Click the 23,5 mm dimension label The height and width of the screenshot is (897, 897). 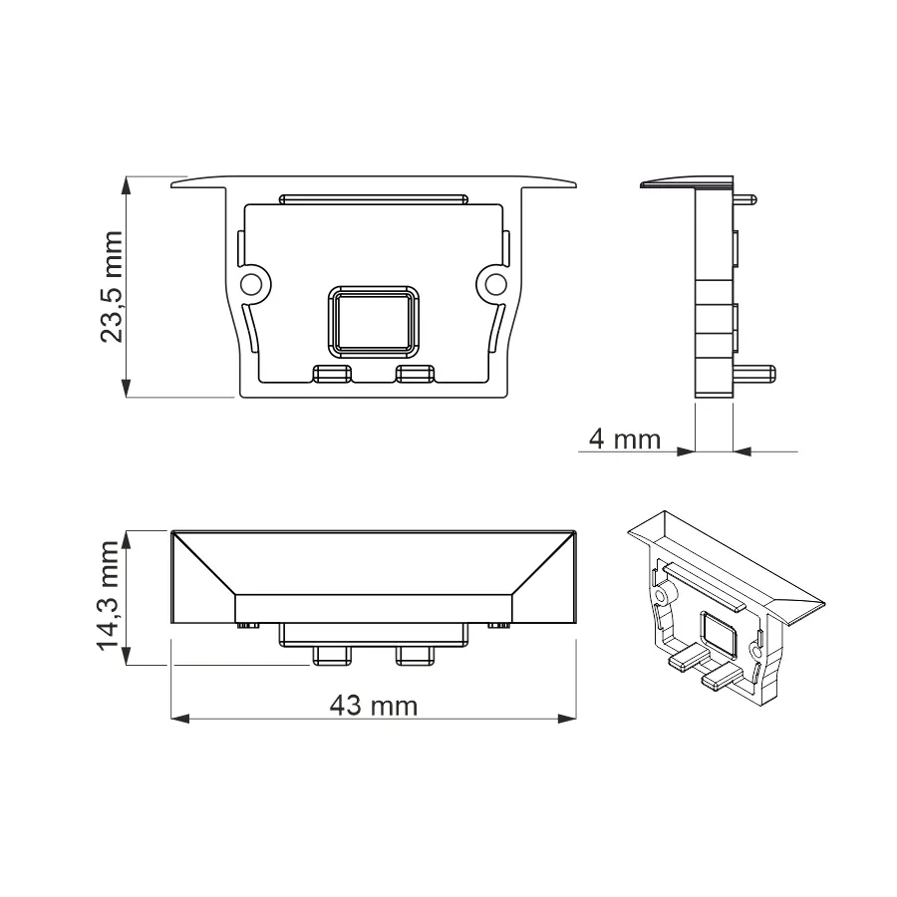tap(112, 287)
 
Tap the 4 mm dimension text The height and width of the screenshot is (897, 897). tap(625, 440)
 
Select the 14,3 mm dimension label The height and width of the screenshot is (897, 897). tap(108, 595)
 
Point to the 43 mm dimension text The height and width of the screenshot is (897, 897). tap(374, 706)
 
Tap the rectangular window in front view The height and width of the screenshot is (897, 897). tap(374, 322)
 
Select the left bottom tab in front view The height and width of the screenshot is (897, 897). tap(332, 374)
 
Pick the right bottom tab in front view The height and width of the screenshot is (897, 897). tap(416, 374)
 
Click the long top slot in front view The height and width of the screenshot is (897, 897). tap(374, 199)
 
